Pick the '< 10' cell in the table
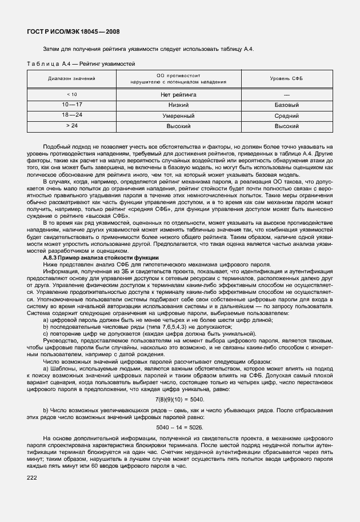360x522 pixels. tap(71, 94)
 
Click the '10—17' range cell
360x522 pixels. tap(71, 105)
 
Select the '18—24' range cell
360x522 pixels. tap(71, 115)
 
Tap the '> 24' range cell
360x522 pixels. tap(71, 125)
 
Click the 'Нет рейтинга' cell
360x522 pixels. tap(178, 94)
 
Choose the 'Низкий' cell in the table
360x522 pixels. tap(178, 105)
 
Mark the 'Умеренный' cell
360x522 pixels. tap(178, 115)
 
